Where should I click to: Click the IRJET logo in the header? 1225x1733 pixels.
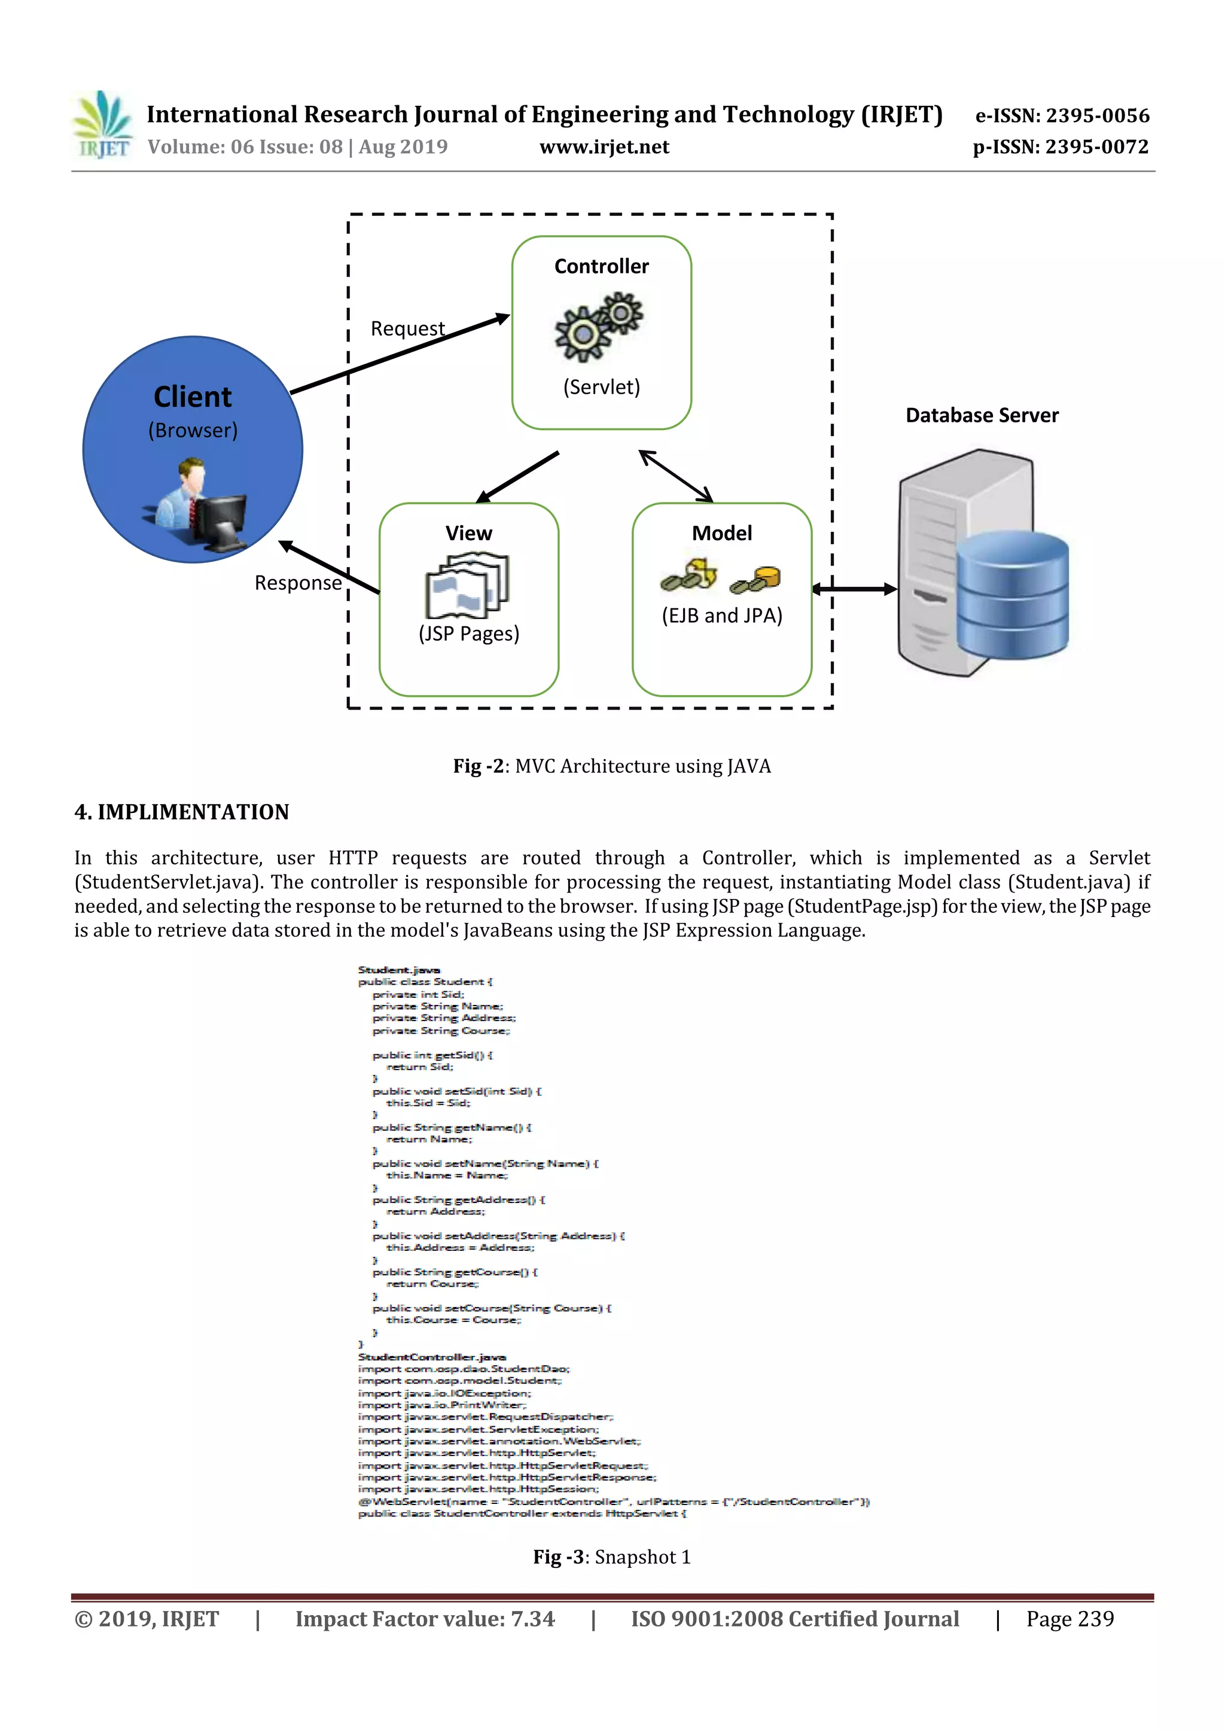coord(102,124)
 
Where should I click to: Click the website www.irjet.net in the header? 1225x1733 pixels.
coord(604,147)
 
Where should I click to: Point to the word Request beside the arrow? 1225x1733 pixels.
coord(407,328)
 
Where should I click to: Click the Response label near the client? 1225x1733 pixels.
coord(297,583)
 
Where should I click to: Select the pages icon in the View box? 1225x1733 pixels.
coord(467,585)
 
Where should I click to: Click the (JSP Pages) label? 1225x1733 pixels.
coord(469,633)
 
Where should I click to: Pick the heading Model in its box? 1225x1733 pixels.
coord(721,533)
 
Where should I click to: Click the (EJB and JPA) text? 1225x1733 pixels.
coord(721,616)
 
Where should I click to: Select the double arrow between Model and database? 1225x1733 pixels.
coord(854,589)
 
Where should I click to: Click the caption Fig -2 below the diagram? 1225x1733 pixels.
coord(611,766)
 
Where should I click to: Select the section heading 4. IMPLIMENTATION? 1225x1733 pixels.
coord(182,812)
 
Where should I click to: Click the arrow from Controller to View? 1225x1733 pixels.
coord(518,476)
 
